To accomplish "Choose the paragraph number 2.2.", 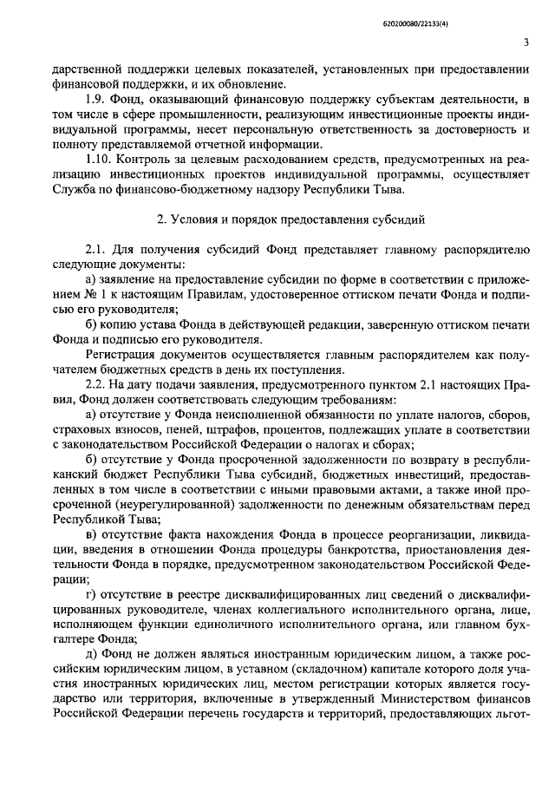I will tap(95, 383).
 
